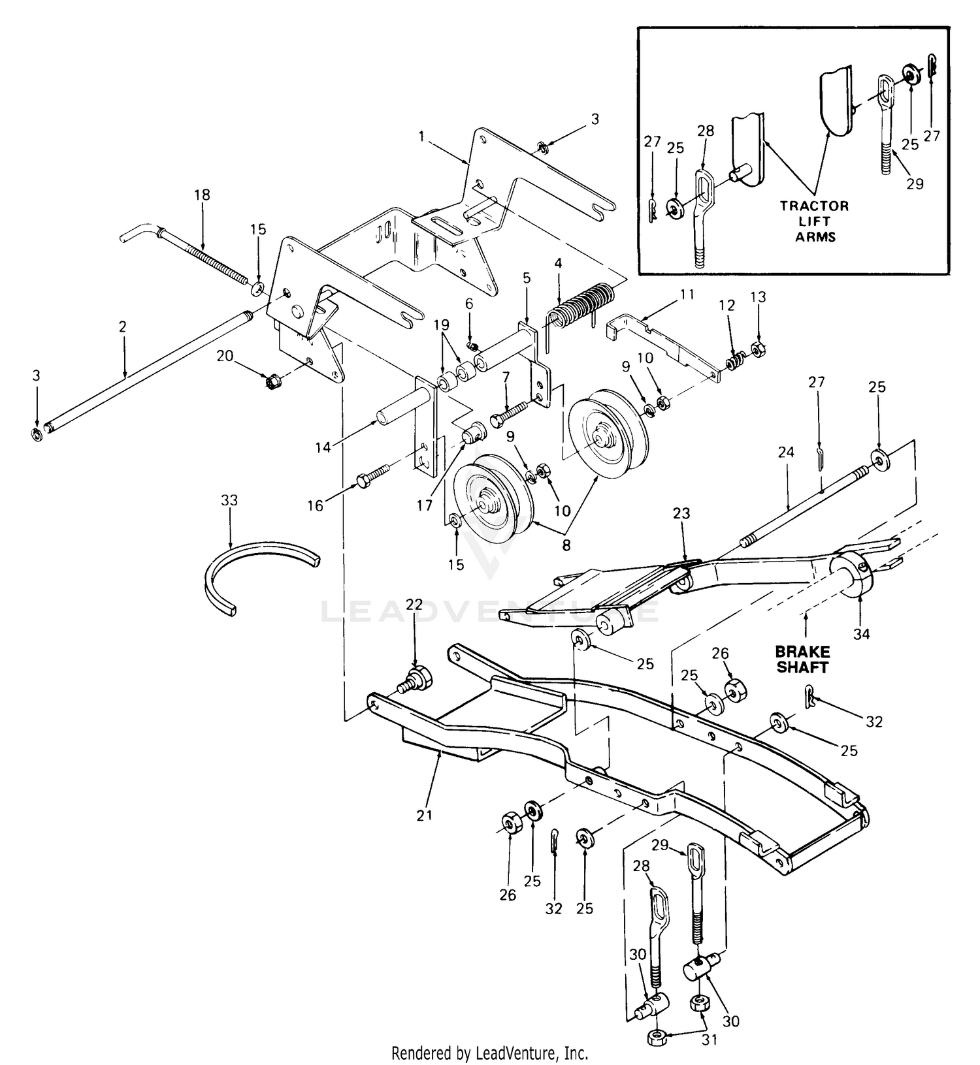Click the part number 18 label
pyautogui.click(x=203, y=195)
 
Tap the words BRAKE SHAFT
pyautogui.click(x=803, y=660)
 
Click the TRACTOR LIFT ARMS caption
pyautogui.click(x=815, y=221)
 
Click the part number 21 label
pyautogui.click(x=425, y=815)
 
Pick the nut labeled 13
pyautogui.click(x=758, y=349)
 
